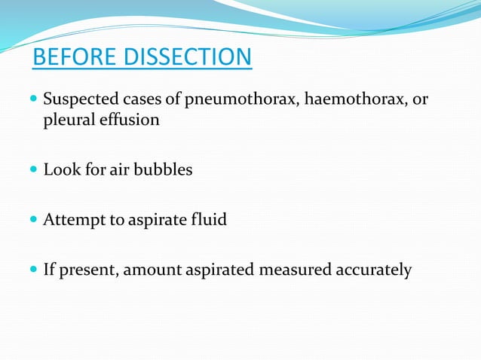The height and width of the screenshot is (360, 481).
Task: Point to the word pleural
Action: pyautogui.click(x=68, y=120)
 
